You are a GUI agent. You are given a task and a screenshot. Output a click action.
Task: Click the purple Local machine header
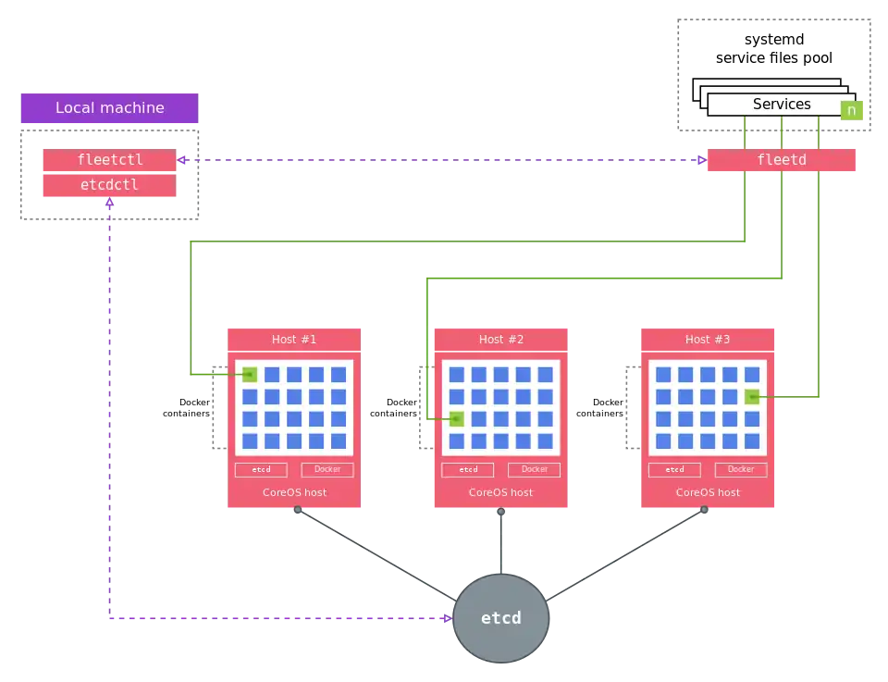pyautogui.click(x=109, y=107)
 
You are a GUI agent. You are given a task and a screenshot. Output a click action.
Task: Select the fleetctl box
pyautogui.click(x=109, y=160)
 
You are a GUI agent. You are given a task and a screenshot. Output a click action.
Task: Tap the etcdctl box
pyautogui.click(x=109, y=185)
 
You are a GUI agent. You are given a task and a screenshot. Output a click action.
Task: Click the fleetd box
pyautogui.click(x=781, y=160)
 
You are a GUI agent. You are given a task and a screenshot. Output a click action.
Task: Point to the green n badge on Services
pyautogui.click(x=851, y=110)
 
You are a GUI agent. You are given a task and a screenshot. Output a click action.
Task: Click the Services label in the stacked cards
pyautogui.click(x=782, y=105)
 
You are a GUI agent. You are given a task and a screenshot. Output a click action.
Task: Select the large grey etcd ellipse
pyautogui.click(x=500, y=618)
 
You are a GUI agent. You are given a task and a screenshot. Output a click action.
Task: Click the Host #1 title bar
pyautogui.click(x=294, y=340)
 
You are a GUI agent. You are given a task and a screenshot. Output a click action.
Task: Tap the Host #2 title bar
pyautogui.click(x=500, y=340)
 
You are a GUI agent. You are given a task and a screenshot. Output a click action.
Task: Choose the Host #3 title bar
pyautogui.click(x=708, y=340)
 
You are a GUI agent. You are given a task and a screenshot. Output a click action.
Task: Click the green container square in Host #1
pyautogui.click(x=250, y=375)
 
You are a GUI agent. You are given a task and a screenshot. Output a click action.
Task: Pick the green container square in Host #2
pyautogui.click(x=456, y=418)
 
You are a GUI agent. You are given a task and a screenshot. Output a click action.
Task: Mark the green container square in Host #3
pyautogui.click(x=752, y=396)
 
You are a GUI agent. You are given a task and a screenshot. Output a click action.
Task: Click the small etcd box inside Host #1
pyautogui.click(x=261, y=469)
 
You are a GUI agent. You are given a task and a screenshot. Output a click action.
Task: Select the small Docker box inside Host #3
pyautogui.click(x=741, y=469)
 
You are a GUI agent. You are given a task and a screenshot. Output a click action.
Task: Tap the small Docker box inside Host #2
pyautogui.click(x=534, y=469)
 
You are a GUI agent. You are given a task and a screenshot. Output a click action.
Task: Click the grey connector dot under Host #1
pyautogui.click(x=298, y=510)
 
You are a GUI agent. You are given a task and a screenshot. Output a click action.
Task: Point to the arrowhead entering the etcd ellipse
pyautogui.click(x=449, y=618)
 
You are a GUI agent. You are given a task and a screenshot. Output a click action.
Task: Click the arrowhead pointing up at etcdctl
pyautogui.click(x=109, y=202)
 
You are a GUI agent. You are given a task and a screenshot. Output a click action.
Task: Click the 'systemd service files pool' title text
pyautogui.click(x=773, y=49)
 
